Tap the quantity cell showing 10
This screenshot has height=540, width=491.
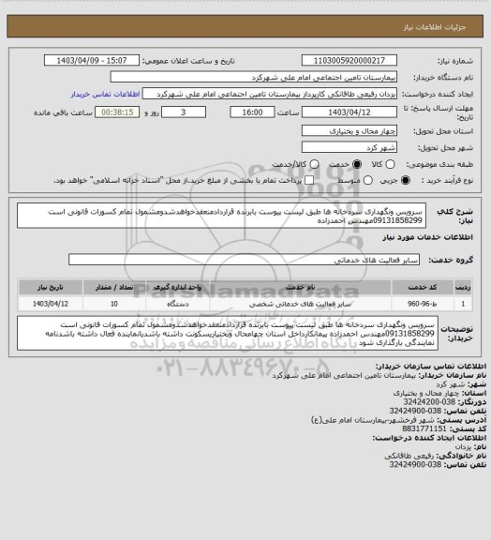click(x=113, y=304)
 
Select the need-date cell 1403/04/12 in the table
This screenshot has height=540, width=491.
click(x=52, y=304)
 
